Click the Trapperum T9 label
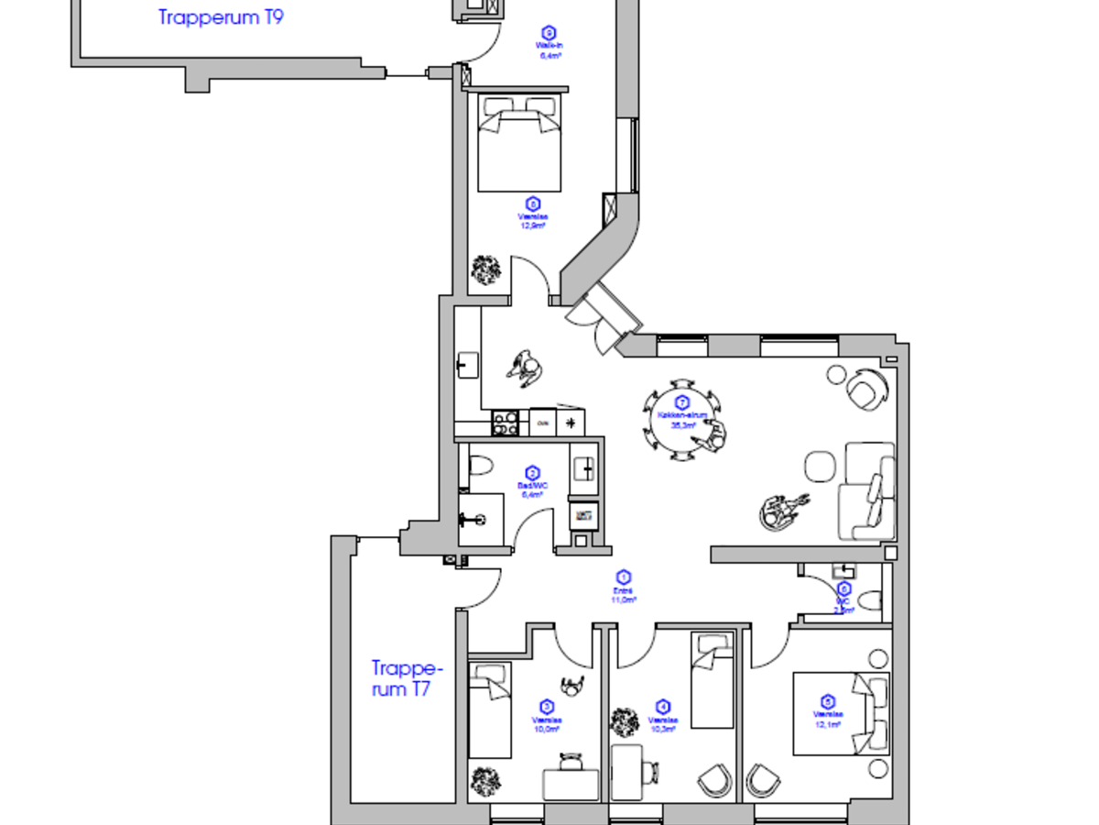click(x=221, y=17)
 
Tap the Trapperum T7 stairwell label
click(x=402, y=678)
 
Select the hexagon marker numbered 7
click(x=681, y=402)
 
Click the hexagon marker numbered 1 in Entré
click(x=624, y=577)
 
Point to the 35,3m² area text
click(x=682, y=425)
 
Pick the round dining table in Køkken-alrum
click(x=681, y=417)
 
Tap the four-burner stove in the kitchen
click(x=506, y=422)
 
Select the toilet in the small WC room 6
click(x=869, y=601)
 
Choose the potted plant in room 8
click(x=486, y=269)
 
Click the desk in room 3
click(x=571, y=785)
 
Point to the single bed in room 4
click(x=713, y=681)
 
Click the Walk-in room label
click(x=549, y=45)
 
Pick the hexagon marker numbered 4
click(x=663, y=707)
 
